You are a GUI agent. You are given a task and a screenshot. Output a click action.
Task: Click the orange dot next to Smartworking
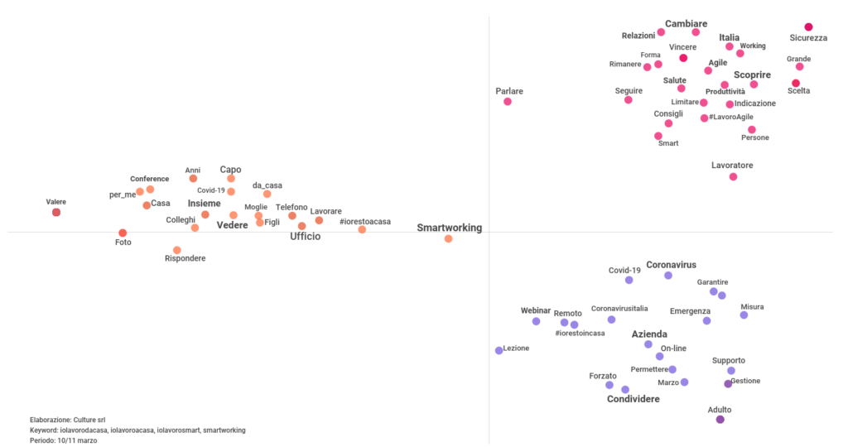tap(448, 238)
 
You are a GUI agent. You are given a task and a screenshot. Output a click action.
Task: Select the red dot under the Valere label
tap(56, 213)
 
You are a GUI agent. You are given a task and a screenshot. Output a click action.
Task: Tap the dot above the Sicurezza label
tap(808, 27)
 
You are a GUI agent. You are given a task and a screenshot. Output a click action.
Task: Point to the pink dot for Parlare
tap(508, 102)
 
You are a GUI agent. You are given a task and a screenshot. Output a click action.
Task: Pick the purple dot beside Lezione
tap(499, 350)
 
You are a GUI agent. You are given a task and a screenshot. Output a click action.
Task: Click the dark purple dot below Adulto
tap(720, 420)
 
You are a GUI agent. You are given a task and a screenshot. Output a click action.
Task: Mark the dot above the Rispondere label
tap(176, 250)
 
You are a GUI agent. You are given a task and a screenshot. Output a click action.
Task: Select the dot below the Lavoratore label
tap(733, 177)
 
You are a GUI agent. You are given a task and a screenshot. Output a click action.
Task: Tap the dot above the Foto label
tap(123, 233)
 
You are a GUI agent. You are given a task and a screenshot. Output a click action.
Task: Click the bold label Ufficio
tap(305, 237)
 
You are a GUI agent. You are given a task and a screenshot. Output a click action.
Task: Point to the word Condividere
tap(634, 400)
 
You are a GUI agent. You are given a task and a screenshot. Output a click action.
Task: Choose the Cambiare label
tap(686, 24)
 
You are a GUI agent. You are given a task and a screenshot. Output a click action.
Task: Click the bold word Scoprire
tap(752, 74)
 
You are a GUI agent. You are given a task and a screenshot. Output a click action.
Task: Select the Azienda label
tap(649, 334)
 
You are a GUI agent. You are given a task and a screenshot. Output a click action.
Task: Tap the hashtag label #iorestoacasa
tap(365, 222)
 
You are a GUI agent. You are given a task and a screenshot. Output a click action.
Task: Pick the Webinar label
tap(536, 310)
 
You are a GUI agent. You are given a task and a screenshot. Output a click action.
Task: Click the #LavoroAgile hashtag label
tap(731, 118)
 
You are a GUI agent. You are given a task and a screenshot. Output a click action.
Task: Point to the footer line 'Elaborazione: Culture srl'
tap(67, 421)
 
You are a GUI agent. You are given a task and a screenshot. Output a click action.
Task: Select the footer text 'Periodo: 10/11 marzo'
tap(63, 440)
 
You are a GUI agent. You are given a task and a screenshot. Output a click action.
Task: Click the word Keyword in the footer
tap(44, 430)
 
